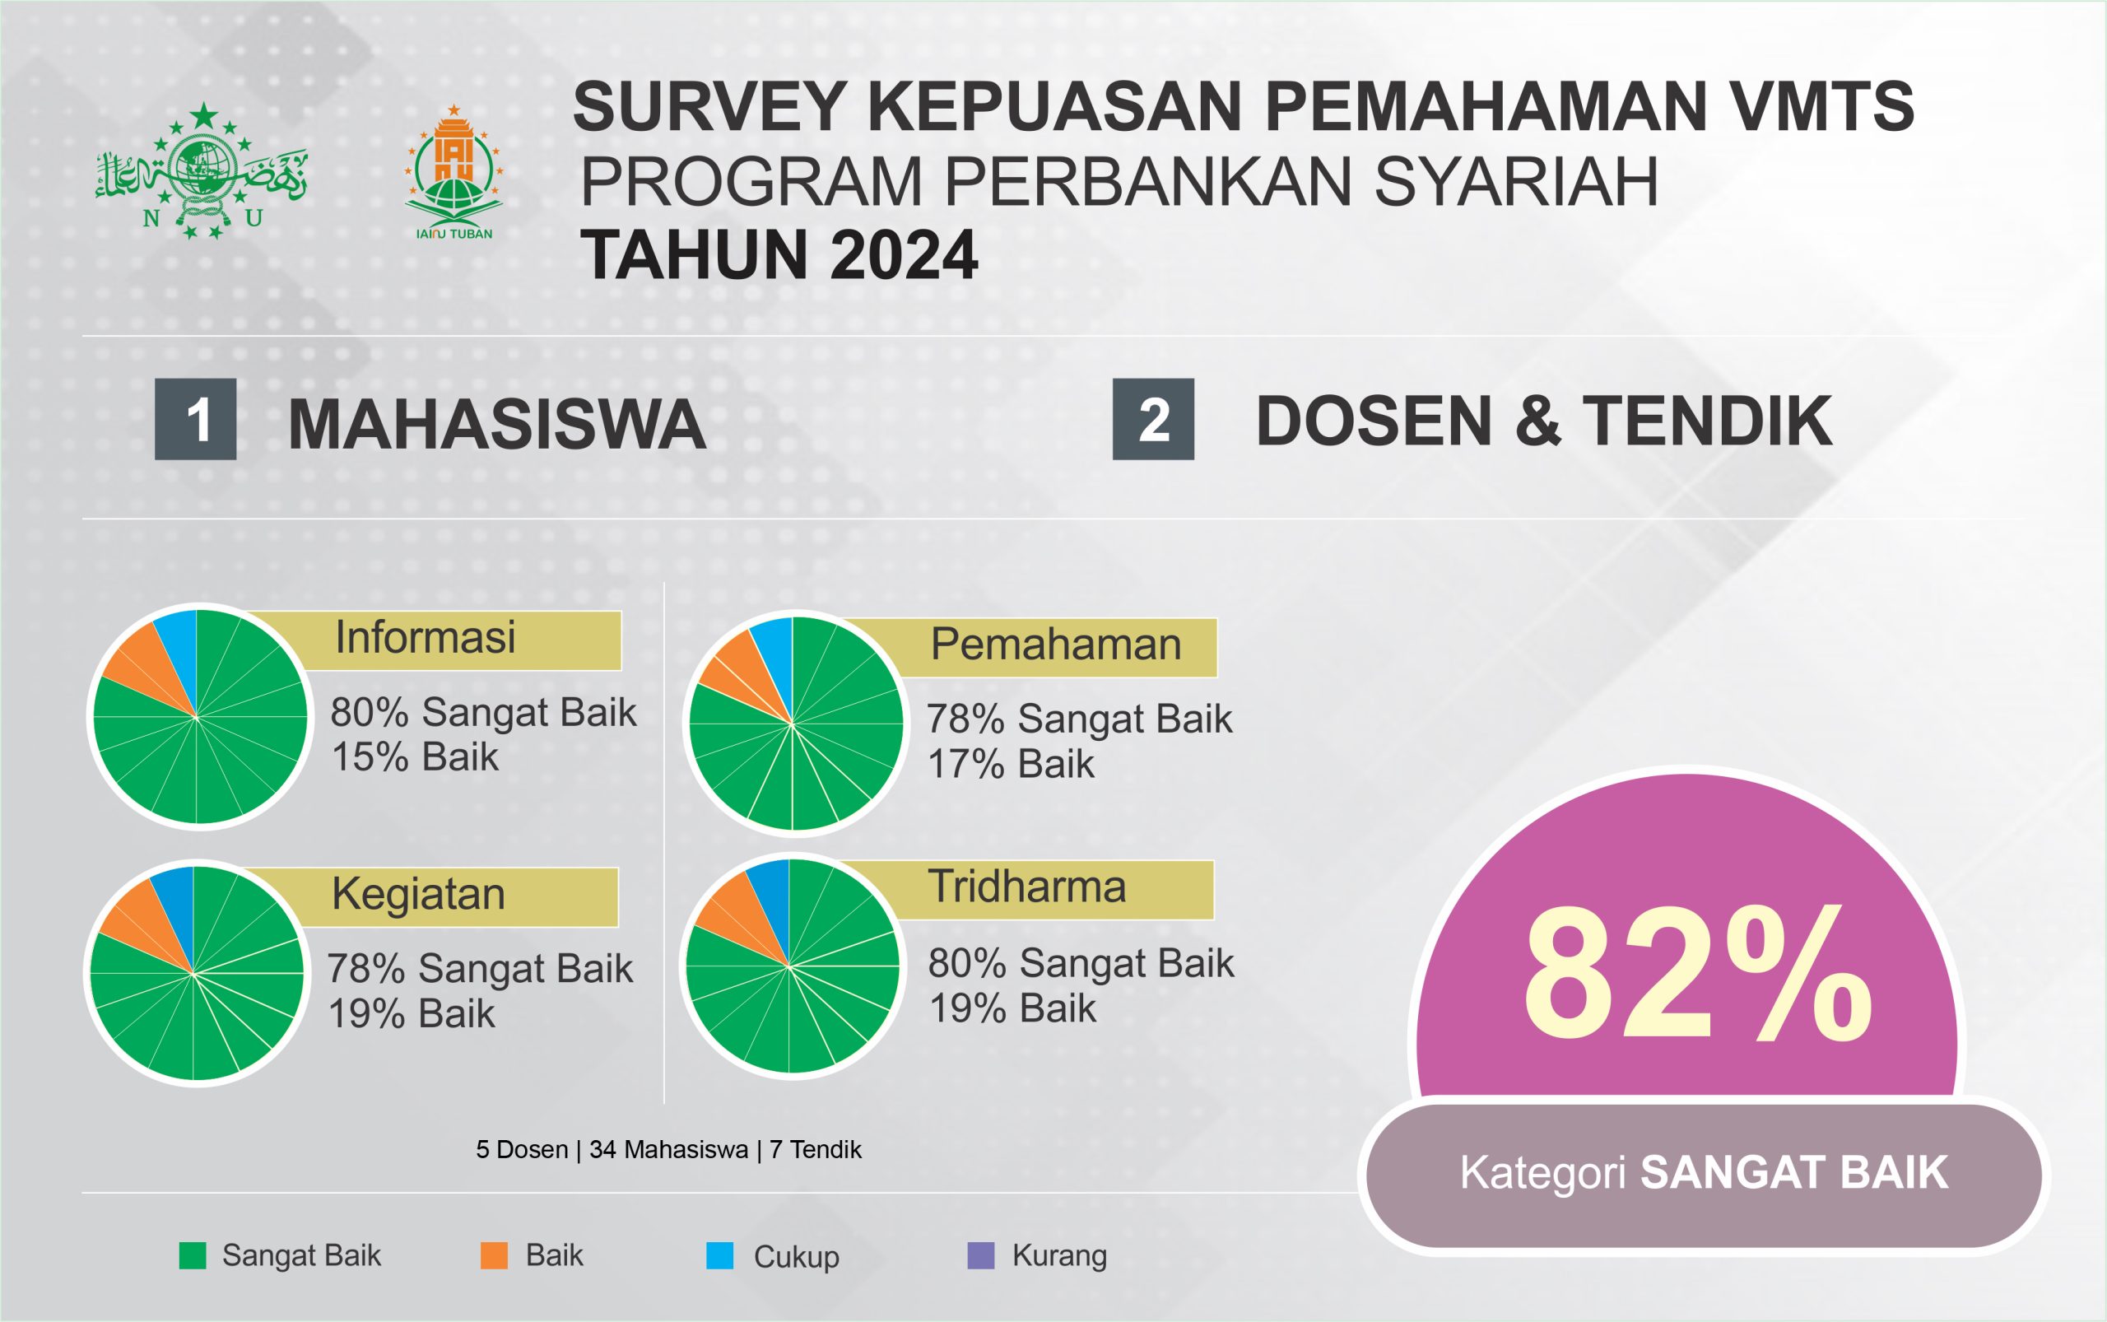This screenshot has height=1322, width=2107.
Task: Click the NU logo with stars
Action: click(x=201, y=170)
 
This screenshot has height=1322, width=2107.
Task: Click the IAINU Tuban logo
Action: click(x=453, y=173)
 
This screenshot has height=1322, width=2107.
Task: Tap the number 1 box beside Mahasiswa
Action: click(x=196, y=419)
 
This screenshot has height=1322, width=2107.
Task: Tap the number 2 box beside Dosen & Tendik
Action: click(x=1153, y=419)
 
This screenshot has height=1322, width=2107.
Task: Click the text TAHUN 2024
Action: click(x=779, y=255)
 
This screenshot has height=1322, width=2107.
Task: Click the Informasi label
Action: click(x=425, y=637)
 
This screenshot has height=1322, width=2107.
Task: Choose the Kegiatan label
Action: click(x=418, y=895)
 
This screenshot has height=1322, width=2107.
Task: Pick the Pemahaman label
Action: click(x=1055, y=645)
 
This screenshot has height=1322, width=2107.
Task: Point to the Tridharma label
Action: click(x=1026, y=887)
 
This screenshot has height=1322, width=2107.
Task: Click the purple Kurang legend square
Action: click(x=981, y=1255)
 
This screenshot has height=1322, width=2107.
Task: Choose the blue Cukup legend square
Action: click(x=719, y=1255)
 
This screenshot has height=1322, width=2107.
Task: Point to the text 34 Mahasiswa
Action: click(x=669, y=1150)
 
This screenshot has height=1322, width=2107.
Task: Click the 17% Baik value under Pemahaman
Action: click(x=1011, y=765)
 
